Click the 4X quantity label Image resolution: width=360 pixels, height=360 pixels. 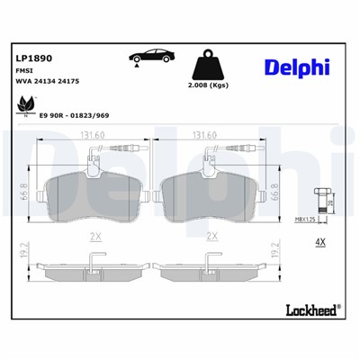[x=319, y=241]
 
